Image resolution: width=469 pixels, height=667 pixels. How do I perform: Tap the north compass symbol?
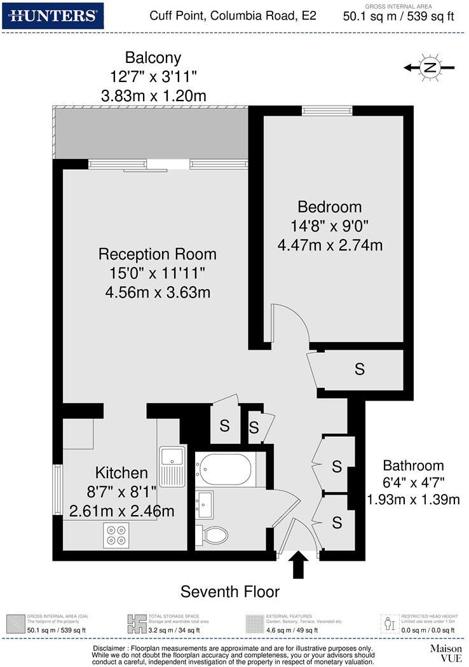point(430,67)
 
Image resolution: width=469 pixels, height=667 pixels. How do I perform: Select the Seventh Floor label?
point(230,592)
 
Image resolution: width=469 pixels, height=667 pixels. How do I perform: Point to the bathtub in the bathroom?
point(223,469)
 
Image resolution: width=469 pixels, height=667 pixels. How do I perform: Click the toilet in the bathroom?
point(211,535)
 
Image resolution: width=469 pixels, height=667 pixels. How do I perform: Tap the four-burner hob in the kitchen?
point(116,535)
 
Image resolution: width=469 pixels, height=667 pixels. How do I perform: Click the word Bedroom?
point(330,207)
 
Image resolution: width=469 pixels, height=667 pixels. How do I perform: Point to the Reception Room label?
point(158,254)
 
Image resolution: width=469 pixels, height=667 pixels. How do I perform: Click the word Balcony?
point(153,58)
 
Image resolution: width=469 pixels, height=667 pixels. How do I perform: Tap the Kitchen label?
point(121,472)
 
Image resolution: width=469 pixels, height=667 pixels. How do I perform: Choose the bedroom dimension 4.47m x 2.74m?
point(330,244)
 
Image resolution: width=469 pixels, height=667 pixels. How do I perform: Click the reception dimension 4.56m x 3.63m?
point(158,292)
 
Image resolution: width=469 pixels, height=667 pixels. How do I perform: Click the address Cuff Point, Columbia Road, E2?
point(233,15)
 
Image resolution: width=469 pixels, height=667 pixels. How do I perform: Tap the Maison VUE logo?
point(445,653)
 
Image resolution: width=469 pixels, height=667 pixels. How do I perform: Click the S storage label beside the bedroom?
point(360,369)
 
